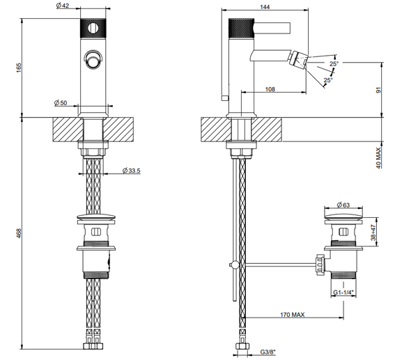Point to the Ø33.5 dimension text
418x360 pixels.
click(132, 171)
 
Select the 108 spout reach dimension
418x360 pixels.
click(272, 88)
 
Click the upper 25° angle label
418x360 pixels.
click(334, 64)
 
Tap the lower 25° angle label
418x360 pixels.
click(327, 80)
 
